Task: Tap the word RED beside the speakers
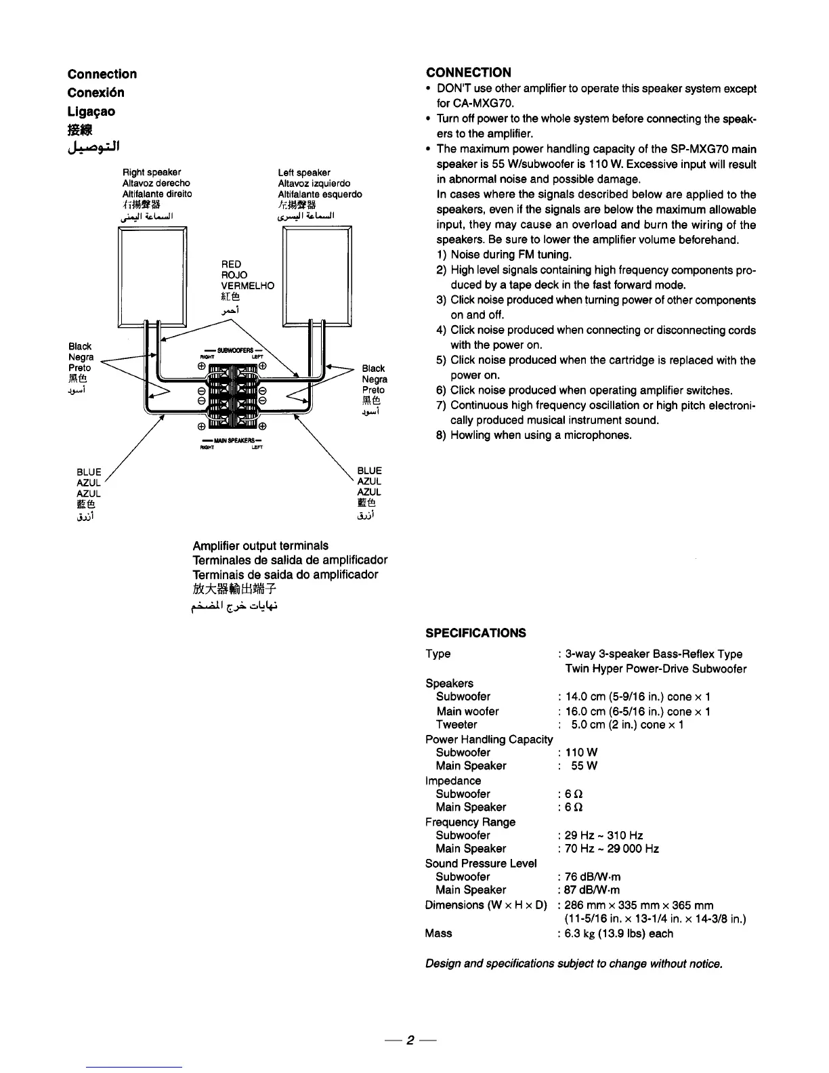(231, 264)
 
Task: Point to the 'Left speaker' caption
(304, 172)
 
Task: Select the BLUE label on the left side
(89, 471)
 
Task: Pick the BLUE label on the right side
(369, 471)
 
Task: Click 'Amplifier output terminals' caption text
(260, 546)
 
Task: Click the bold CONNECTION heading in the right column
(469, 72)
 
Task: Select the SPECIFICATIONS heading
(475, 633)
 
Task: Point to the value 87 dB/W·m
(593, 890)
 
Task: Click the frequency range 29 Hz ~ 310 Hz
(604, 835)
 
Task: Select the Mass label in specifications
(438, 933)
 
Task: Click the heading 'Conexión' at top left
(96, 93)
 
